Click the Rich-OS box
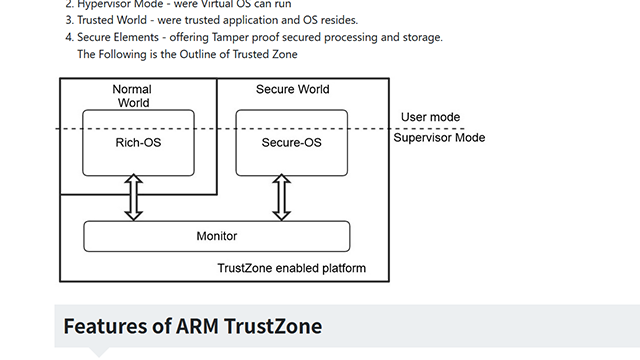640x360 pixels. (139, 142)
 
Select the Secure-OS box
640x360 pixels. (291, 142)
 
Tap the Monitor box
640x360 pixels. (216, 236)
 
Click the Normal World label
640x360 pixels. (132, 97)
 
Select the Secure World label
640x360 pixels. (292, 90)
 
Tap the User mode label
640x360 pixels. (430, 117)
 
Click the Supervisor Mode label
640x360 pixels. (439, 137)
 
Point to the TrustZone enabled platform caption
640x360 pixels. (291, 268)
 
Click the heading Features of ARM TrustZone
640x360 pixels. (192, 326)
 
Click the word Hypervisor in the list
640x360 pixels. (108, 3)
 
